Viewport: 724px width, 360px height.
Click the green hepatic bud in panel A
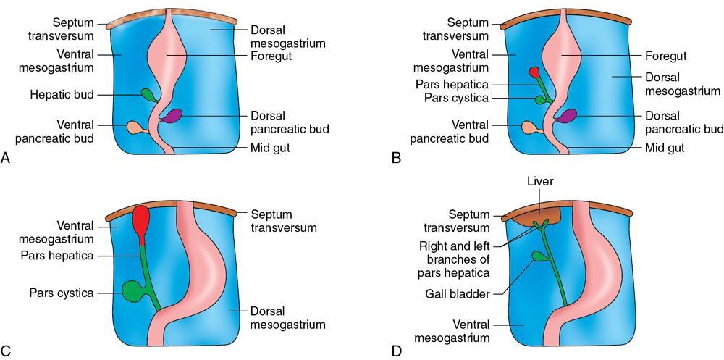pos(148,94)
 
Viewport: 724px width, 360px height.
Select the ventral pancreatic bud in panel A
pos(135,128)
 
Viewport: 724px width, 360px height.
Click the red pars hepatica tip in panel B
pos(534,72)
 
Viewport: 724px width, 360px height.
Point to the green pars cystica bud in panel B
pos(539,99)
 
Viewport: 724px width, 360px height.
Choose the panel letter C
pos(7,351)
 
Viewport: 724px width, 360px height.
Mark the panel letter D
pos(396,351)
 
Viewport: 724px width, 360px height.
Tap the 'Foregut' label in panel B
pos(665,56)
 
